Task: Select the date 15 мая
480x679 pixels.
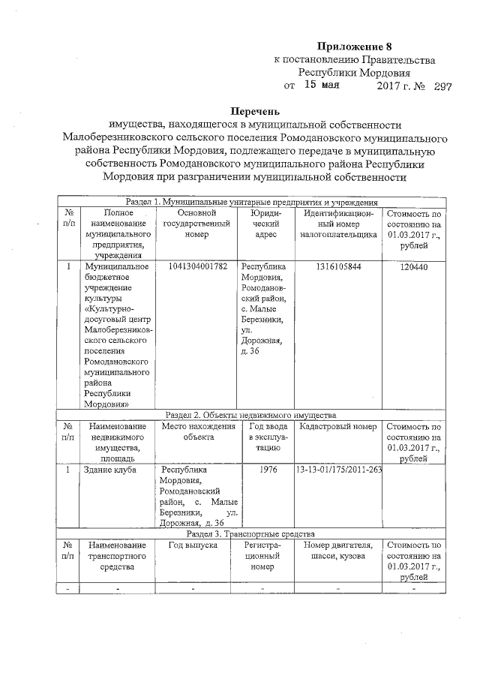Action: [x=322, y=86]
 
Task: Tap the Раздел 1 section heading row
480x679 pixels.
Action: [x=251, y=203]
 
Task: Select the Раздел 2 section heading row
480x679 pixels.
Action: [x=251, y=414]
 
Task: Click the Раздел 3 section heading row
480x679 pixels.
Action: [x=251, y=533]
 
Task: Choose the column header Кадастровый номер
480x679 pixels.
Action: [x=337, y=427]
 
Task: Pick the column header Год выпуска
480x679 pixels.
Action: [x=193, y=545]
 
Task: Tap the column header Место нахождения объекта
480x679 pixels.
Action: [x=193, y=432]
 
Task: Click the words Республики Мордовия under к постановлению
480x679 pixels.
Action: [x=354, y=73]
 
